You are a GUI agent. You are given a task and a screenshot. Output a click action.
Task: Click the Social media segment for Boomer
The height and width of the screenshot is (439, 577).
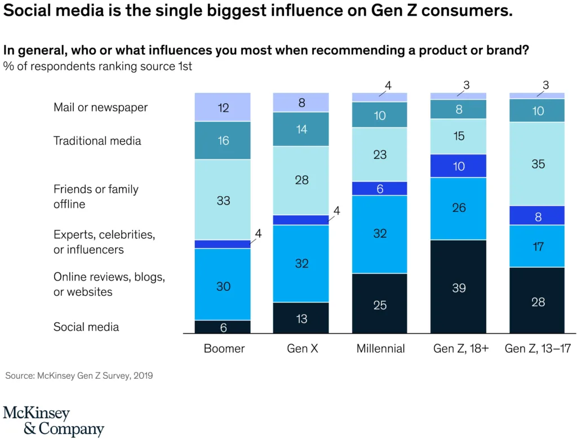point(223,327)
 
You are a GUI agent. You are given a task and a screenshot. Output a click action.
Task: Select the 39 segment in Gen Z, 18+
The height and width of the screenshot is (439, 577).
point(459,287)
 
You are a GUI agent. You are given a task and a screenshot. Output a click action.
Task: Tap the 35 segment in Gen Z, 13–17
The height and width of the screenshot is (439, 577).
point(538,164)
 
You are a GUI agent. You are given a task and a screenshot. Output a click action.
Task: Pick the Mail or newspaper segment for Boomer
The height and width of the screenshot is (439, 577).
point(223,107)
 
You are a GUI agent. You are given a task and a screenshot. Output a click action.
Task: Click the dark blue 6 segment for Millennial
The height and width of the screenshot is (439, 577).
point(380,189)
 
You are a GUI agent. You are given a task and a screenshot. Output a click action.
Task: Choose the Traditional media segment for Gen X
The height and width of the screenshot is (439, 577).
point(301,129)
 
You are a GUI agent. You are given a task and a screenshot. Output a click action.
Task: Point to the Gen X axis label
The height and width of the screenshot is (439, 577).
point(303,349)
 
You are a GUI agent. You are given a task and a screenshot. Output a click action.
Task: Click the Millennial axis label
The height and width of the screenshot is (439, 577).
point(380,349)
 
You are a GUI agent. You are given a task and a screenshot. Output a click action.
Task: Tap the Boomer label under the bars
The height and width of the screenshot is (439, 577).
point(224,349)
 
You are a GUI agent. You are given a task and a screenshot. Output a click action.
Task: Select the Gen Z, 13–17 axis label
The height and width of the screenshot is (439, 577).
point(538,349)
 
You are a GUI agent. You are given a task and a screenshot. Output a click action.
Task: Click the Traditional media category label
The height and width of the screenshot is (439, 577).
point(97,141)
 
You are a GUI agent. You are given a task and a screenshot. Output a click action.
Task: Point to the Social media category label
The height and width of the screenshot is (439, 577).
point(86,327)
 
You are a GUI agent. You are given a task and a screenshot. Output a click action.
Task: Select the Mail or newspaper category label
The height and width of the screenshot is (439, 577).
point(100,107)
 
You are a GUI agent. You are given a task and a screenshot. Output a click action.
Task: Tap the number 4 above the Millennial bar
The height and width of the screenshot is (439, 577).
point(388,86)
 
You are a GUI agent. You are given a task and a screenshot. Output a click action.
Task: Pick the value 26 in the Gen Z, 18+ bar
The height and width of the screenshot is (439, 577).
point(459,208)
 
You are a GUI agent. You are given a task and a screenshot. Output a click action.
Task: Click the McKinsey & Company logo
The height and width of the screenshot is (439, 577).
point(54,421)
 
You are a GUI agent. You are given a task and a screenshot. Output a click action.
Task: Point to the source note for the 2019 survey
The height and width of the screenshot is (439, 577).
point(79,375)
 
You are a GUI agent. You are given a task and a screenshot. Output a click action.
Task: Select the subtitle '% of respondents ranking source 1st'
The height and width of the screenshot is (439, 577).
point(97,66)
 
